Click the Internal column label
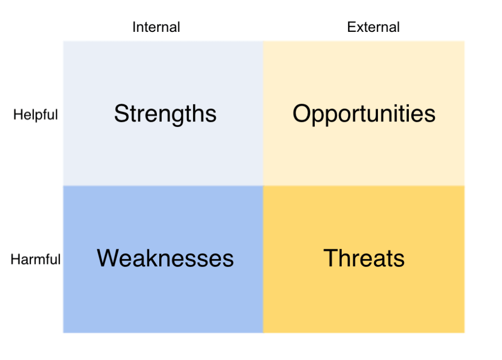[156, 27]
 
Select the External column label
[373, 27]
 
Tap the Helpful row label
[35, 115]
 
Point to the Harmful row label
[35, 259]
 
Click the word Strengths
[165, 114]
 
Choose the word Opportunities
[364, 114]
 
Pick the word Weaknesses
[165, 258]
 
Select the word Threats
[364, 258]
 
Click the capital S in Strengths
[121, 114]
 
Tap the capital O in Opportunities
[301, 113]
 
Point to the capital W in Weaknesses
[108, 258]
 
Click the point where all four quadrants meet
[263, 186]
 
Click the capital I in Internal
[134, 27]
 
